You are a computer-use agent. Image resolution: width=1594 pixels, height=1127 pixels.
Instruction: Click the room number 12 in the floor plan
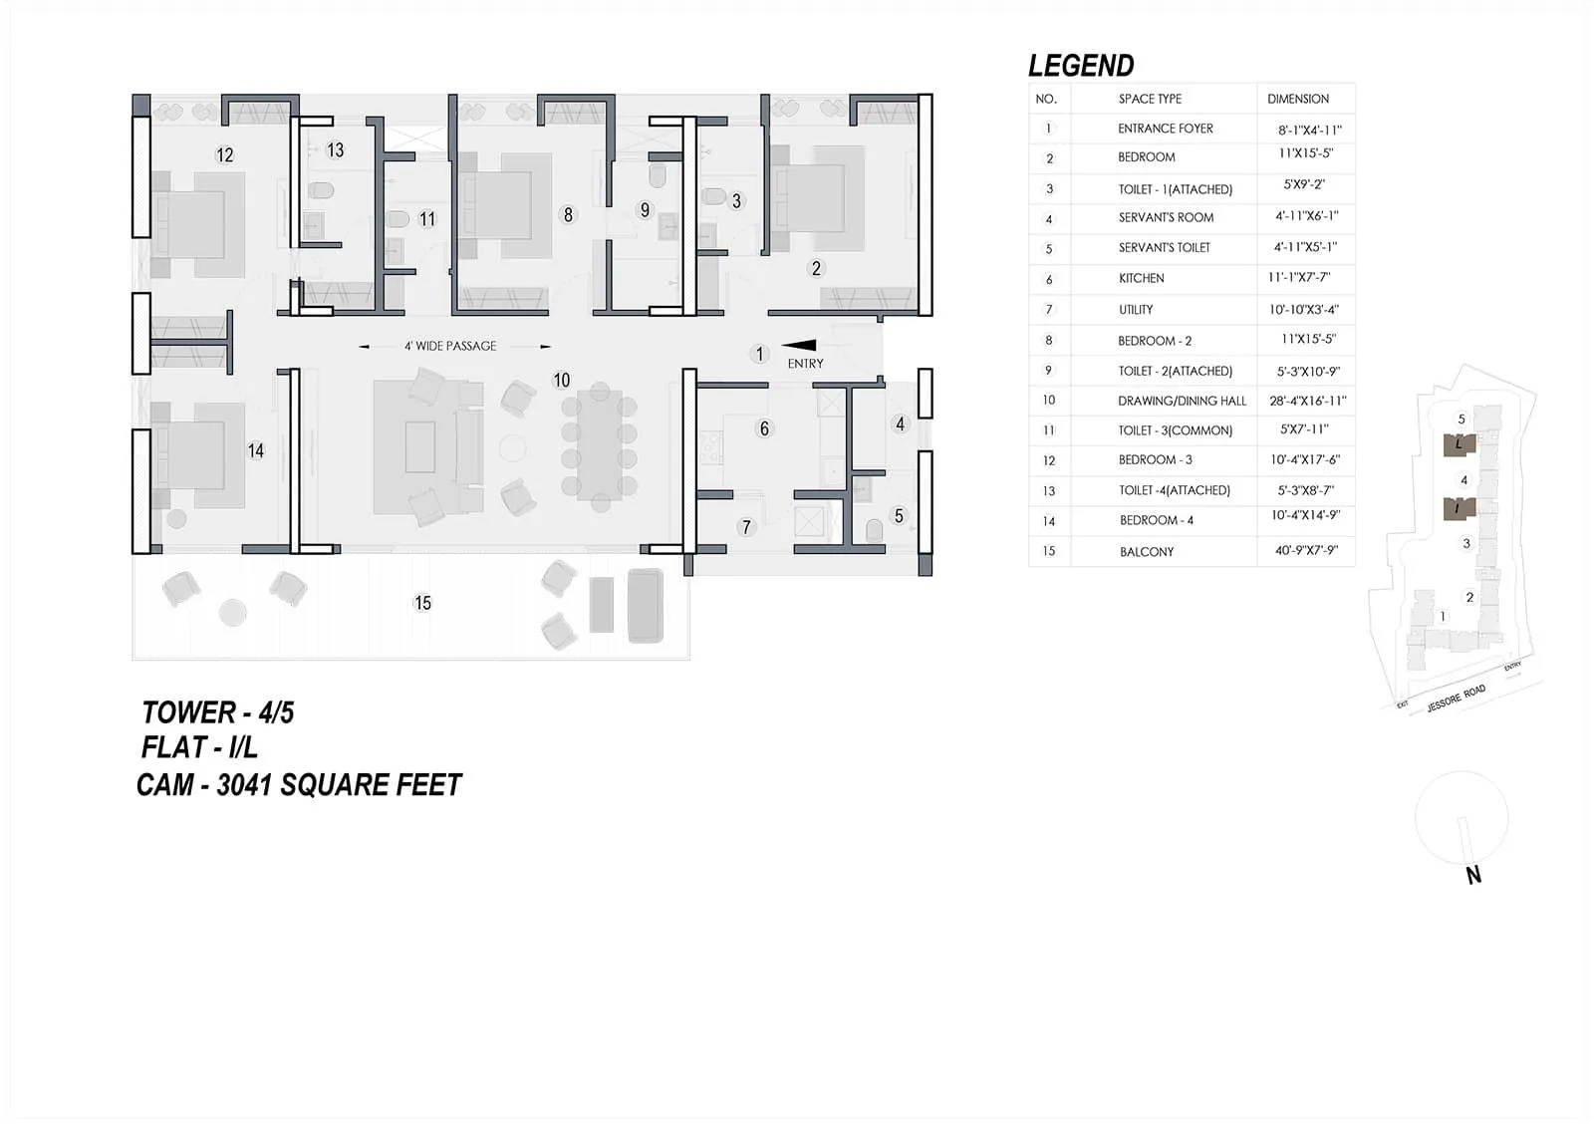(x=225, y=155)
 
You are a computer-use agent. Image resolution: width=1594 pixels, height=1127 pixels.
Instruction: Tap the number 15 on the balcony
(x=422, y=603)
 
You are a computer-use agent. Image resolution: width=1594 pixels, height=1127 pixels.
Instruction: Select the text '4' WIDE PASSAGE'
(x=450, y=346)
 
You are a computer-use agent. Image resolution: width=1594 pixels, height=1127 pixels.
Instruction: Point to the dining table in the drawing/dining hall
(x=599, y=443)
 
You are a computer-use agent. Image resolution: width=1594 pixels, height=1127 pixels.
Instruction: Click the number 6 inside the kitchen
(x=764, y=428)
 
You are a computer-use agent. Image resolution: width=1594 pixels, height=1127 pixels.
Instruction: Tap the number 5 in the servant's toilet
(x=899, y=516)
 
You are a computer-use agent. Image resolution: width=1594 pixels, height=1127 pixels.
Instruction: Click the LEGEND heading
(x=1081, y=66)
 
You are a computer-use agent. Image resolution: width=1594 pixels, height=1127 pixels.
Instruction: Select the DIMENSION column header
(x=1297, y=99)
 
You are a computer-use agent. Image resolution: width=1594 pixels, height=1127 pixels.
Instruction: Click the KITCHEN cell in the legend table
(x=1141, y=278)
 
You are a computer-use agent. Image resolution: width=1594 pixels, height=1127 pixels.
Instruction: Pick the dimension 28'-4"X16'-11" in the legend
(x=1307, y=401)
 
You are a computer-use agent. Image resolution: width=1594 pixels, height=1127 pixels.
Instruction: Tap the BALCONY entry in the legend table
(x=1147, y=551)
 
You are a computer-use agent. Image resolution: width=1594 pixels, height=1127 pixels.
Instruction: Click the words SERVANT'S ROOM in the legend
(x=1166, y=217)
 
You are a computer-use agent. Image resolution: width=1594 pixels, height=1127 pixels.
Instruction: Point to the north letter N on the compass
(x=1473, y=875)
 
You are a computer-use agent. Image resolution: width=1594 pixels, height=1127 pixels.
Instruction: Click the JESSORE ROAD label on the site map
(x=1456, y=698)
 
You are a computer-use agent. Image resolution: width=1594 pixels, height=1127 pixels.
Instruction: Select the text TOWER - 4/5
(x=217, y=712)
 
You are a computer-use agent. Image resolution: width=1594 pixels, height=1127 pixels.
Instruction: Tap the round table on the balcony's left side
(x=232, y=612)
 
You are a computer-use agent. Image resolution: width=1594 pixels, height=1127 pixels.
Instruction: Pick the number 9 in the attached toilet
(x=645, y=210)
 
